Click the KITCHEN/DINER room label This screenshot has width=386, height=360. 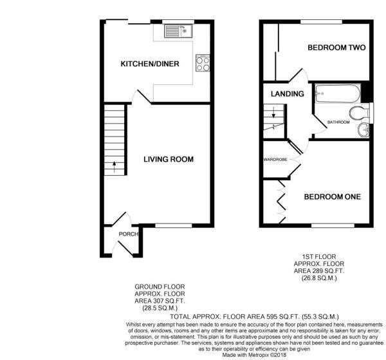pyautogui.click(x=150, y=64)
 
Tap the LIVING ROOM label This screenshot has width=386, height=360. pyautogui.click(x=169, y=159)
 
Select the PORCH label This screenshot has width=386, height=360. pyautogui.click(x=129, y=234)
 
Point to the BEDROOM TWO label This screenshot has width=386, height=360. pyautogui.click(x=336, y=48)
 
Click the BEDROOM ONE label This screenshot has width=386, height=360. pyautogui.click(x=333, y=196)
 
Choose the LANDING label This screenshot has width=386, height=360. pyautogui.click(x=288, y=93)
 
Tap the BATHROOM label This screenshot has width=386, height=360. pyautogui.click(x=338, y=122)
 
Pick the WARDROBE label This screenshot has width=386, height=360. pyautogui.click(x=275, y=160)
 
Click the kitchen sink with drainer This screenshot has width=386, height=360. pyautogui.click(x=178, y=31)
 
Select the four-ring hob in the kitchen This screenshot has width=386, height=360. pyautogui.click(x=203, y=63)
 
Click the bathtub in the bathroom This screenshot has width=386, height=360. pyautogui.click(x=338, y=93)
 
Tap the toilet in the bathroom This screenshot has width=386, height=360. pyautogui.click(x=360, y=113)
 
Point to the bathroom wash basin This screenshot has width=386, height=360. pyautogui.click(x=363, y=130)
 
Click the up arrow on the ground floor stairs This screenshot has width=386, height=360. pyautogui.click(x=114, y=167)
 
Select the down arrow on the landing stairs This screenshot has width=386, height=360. pyautogui.click(x=273, y=112)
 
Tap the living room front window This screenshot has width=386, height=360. pyautogui.click(x=174, y=225)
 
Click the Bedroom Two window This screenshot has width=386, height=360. pyautogui.click(x=322, y=22)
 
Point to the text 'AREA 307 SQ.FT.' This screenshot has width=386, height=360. pyautogui.click(x=160, y=301)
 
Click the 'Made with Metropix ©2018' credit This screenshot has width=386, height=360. pyautogui.click(x=254, y=355)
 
